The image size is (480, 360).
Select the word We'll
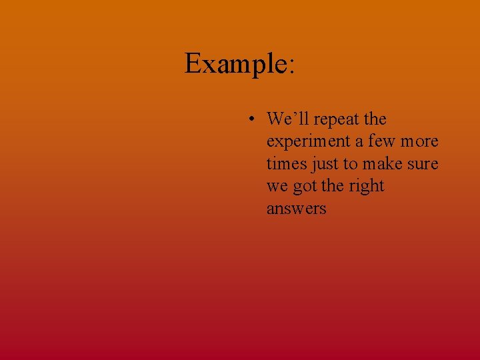[287, 119]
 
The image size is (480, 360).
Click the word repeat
[337, 120]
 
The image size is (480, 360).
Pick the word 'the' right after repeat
[375, 119]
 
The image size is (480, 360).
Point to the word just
[325, 165]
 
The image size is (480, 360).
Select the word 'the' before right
[333, 186]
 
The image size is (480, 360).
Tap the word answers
[296, 209]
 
